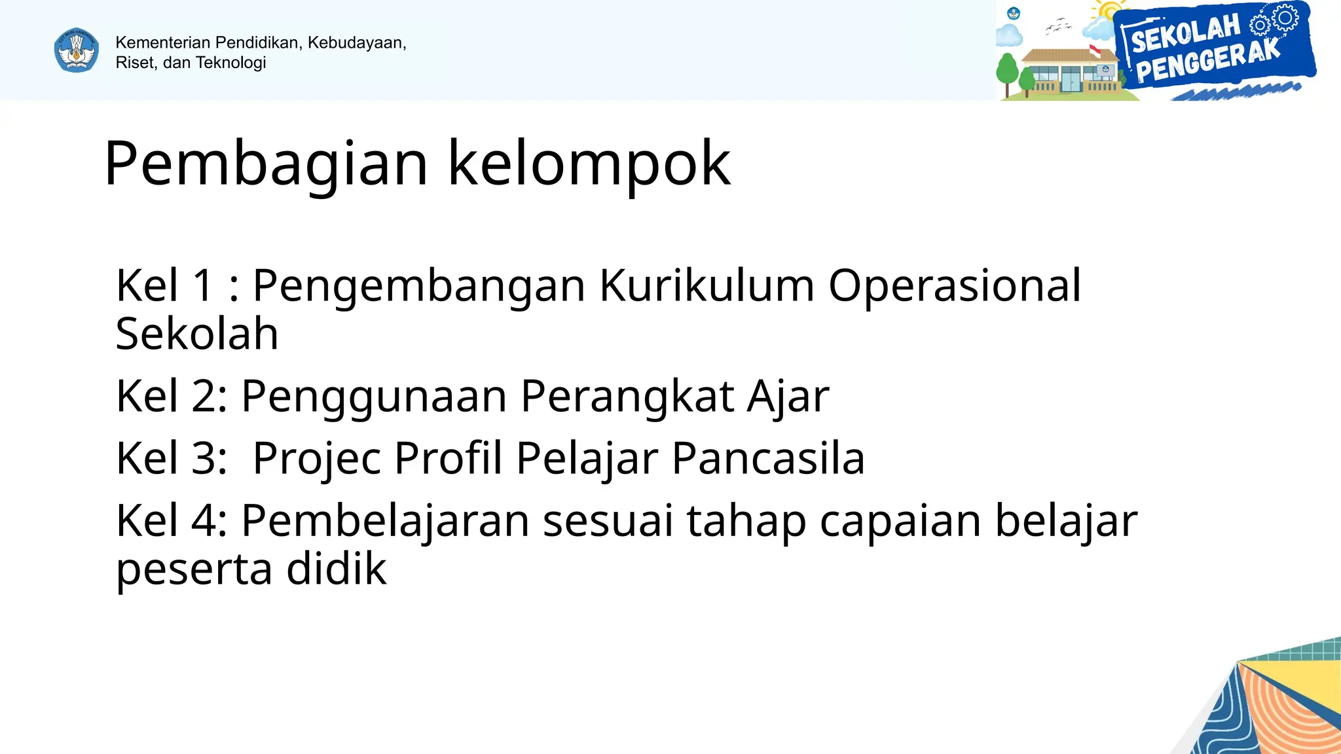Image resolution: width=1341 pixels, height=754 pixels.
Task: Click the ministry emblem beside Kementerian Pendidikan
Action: tap(77, 50)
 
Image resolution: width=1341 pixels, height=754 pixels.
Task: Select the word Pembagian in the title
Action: tap(266, 164)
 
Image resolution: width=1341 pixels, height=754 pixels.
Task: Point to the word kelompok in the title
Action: tap(589, 164)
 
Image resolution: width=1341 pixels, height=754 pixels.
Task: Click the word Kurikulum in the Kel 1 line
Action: tap(707, 286)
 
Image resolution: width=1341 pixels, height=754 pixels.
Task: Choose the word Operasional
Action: tap(955, 286)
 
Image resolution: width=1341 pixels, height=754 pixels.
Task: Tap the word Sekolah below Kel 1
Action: tap(197, 334)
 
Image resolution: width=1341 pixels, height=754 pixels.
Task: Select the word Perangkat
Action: tap(627, 396)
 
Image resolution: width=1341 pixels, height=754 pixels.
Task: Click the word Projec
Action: tap(317, 458)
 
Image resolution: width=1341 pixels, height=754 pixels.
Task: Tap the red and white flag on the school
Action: tap(1095, 51)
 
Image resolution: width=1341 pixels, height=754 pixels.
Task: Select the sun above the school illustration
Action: tap(1109, 12)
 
